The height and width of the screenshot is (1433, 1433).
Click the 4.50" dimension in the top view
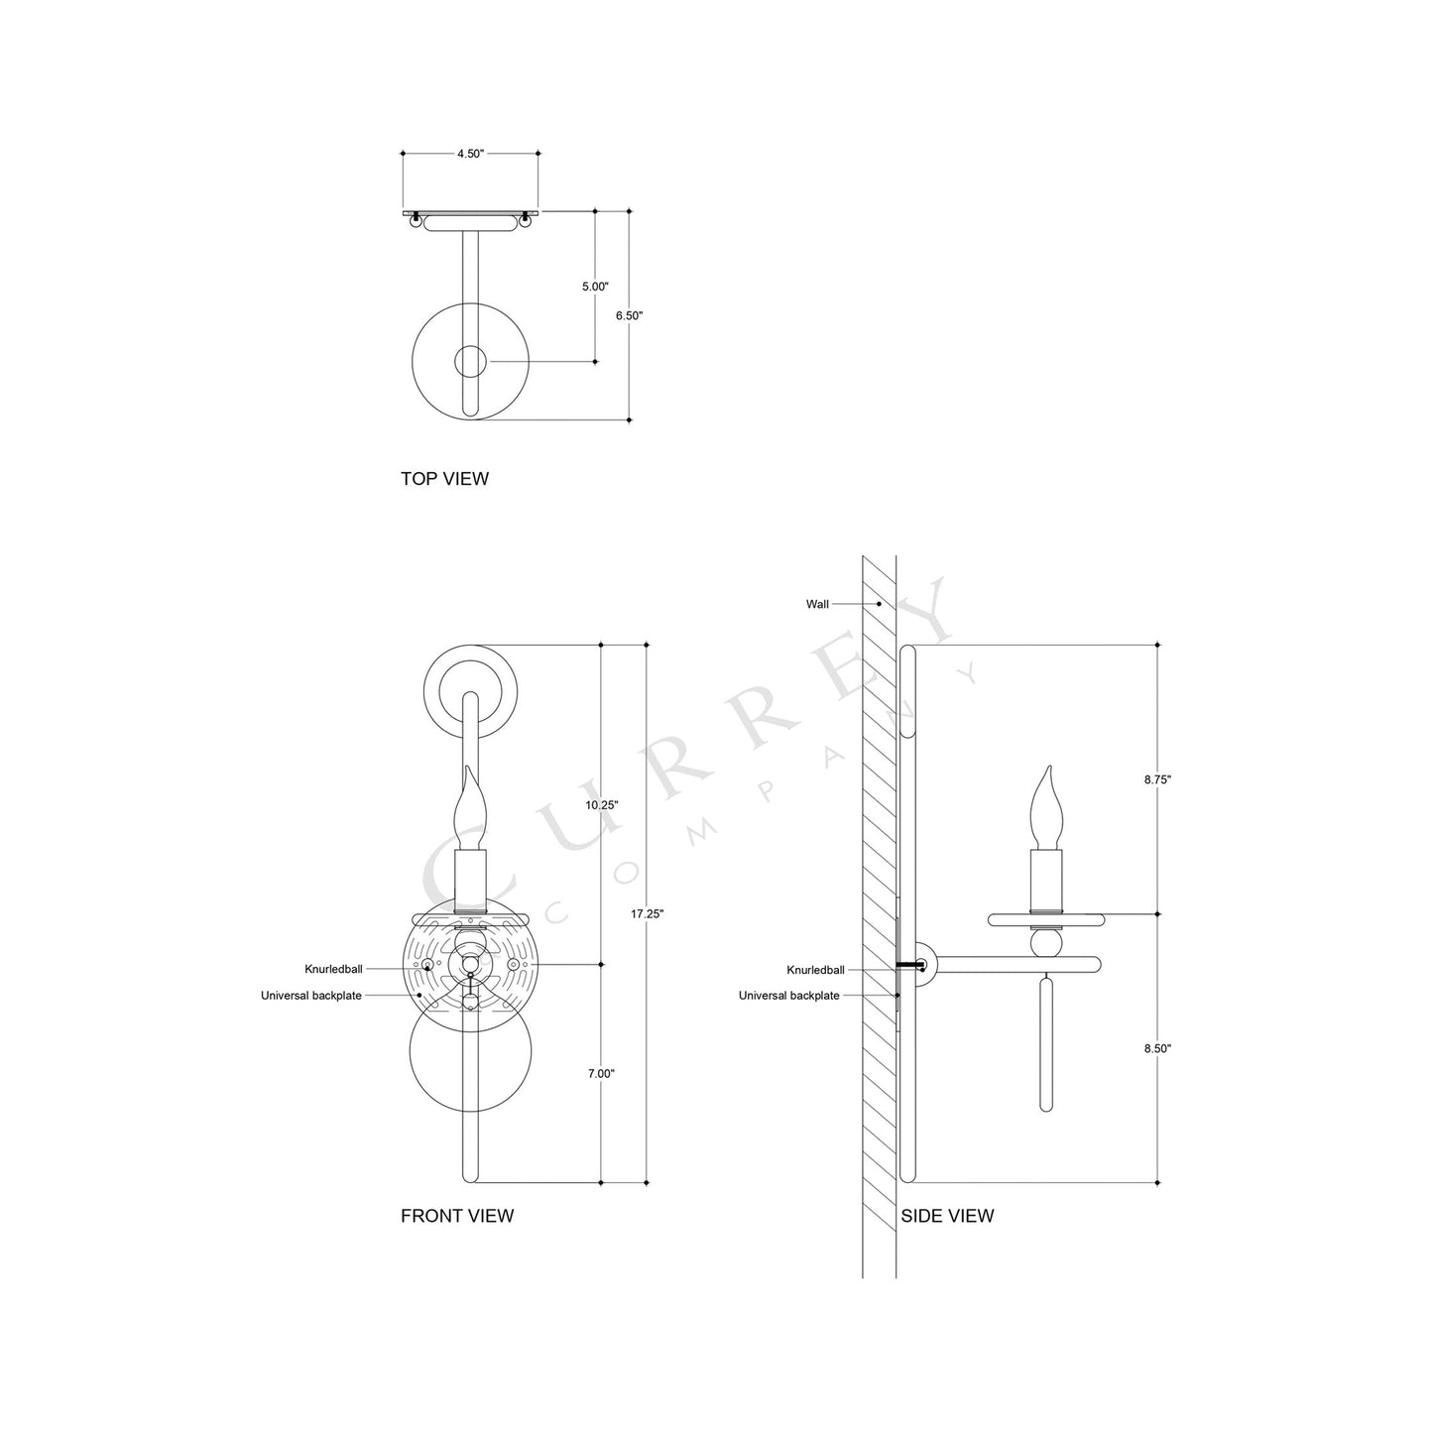click(470, 154)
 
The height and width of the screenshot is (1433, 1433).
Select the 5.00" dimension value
click(595, 287)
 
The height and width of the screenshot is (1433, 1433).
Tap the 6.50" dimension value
click(630, 315)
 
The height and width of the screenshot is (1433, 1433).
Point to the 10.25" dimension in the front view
click(602, 805)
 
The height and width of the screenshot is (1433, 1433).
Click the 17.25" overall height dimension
click(647, 913)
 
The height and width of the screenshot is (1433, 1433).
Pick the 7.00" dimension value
click(601, 1073)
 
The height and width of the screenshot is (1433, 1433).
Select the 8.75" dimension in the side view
click(1157, 779)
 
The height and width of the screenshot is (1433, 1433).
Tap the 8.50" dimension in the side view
click(1157, 1048)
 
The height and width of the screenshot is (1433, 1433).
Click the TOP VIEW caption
click(444, 479)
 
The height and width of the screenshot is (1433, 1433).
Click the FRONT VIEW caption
click(457, 1216)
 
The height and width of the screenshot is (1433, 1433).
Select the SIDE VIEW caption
click(947, 1216)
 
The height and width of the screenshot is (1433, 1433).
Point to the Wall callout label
click(817, 604)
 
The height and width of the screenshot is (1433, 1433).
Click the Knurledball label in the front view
click(334, 969)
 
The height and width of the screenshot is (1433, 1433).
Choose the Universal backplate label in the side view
click(788, 996)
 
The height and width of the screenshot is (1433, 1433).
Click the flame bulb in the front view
click(471, 807)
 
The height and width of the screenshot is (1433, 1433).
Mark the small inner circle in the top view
click(470, 362)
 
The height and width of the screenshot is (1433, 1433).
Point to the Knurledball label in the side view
click(815, 970)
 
